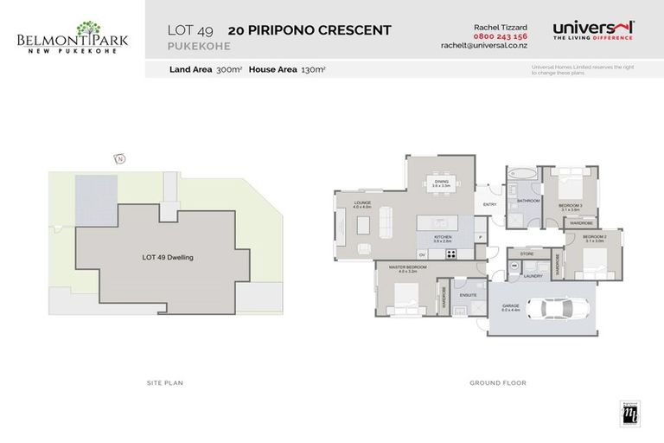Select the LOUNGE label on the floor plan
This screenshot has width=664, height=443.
tap(362, 204)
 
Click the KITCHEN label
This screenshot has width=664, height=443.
tap(443, 236)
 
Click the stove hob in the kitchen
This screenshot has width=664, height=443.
tap(450, 254)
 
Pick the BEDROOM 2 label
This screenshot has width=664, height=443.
tap(594, 237)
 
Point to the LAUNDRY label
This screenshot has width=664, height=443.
tap(532, 277)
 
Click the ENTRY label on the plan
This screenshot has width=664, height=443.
tap(490, 205)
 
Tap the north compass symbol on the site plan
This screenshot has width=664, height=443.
tap(119, 157)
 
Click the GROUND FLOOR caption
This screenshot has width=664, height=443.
tap(497, 382)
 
